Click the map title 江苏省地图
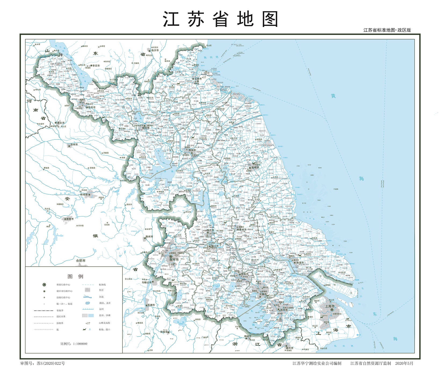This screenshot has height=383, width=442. click(220, 19)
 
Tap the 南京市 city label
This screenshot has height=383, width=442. click(174, 260)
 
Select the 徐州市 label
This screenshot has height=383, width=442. click(92, 107)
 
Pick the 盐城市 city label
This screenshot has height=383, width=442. click(255, 167)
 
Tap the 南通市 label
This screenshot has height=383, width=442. click(300, 263)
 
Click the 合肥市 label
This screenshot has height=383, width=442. click(81, 261)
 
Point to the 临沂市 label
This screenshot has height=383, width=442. click(155, 50)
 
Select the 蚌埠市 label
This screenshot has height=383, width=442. click(84, 194)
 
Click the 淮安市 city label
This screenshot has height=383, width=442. click(192, 150)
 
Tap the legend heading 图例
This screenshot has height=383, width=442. click(75, 276)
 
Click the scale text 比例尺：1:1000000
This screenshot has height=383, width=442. click(74, 344)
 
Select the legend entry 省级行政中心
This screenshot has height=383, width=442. click(63, 285)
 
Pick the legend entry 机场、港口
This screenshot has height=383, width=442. click(104, 330)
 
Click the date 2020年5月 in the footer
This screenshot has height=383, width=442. click(404, 363)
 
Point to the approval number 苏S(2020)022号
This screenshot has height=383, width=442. click(43, 363)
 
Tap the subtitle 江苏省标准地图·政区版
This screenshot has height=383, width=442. click(387, 30)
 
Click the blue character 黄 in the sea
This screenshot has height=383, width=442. click(333, 96)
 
